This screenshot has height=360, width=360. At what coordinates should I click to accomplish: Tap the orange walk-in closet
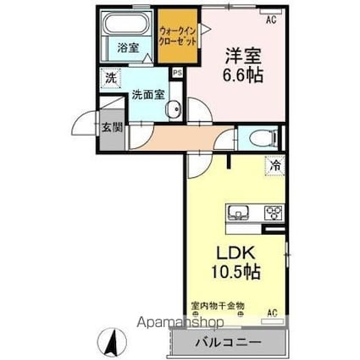point(175,39)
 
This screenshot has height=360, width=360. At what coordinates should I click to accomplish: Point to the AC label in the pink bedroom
point(271,18)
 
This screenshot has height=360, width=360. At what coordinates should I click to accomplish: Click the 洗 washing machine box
point(111,79)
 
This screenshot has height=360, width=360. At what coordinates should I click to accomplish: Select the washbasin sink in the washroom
point(174,108)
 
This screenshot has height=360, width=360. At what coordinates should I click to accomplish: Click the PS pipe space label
point(177,74)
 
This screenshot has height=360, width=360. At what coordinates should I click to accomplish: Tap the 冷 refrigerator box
point(275,167)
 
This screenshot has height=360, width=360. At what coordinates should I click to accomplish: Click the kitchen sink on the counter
point(235,212)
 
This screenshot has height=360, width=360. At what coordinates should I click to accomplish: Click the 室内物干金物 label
point(217,304)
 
